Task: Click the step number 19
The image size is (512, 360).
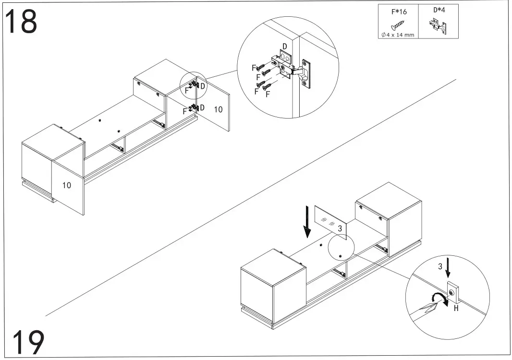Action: (x=28, y=342)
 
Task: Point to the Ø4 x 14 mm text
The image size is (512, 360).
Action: (x=398, y=34)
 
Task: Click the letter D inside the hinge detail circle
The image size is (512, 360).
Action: (x=284, y=47)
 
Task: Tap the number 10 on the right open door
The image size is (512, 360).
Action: (x=218, y=109)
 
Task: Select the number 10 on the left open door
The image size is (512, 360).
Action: (x=66, y=185)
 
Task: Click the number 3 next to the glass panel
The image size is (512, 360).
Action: (x=340, y=229)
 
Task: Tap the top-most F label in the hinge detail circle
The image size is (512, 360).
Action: (x=254, y=68)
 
